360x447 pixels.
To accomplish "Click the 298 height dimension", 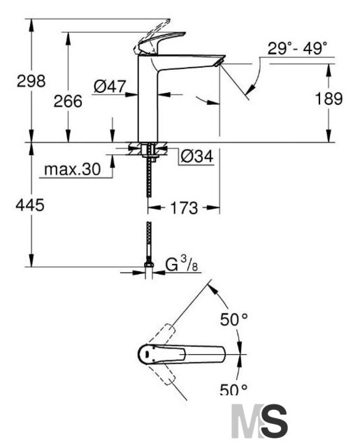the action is coord(31,81).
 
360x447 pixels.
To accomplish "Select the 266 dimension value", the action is coord(68,101).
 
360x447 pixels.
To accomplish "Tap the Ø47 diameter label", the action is coord(110,86).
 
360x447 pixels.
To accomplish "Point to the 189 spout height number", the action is coord(329,98).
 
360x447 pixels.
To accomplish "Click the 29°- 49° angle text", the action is coord(297,48).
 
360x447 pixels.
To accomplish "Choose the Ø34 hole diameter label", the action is coord(197,156).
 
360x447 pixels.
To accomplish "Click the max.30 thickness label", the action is coord(73,169).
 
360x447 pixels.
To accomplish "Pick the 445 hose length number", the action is coord(30,205).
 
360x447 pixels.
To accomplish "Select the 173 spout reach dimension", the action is coord(184,207).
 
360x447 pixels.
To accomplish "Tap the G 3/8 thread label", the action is coord(182,264).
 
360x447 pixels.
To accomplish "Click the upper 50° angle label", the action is coord(233,319).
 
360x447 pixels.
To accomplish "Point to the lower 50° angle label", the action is coord(233,389).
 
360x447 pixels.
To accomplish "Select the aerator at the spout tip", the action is coord(219,63).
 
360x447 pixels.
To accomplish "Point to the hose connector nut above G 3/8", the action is coord(149,264).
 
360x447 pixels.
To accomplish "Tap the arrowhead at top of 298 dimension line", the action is coord(31,25).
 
